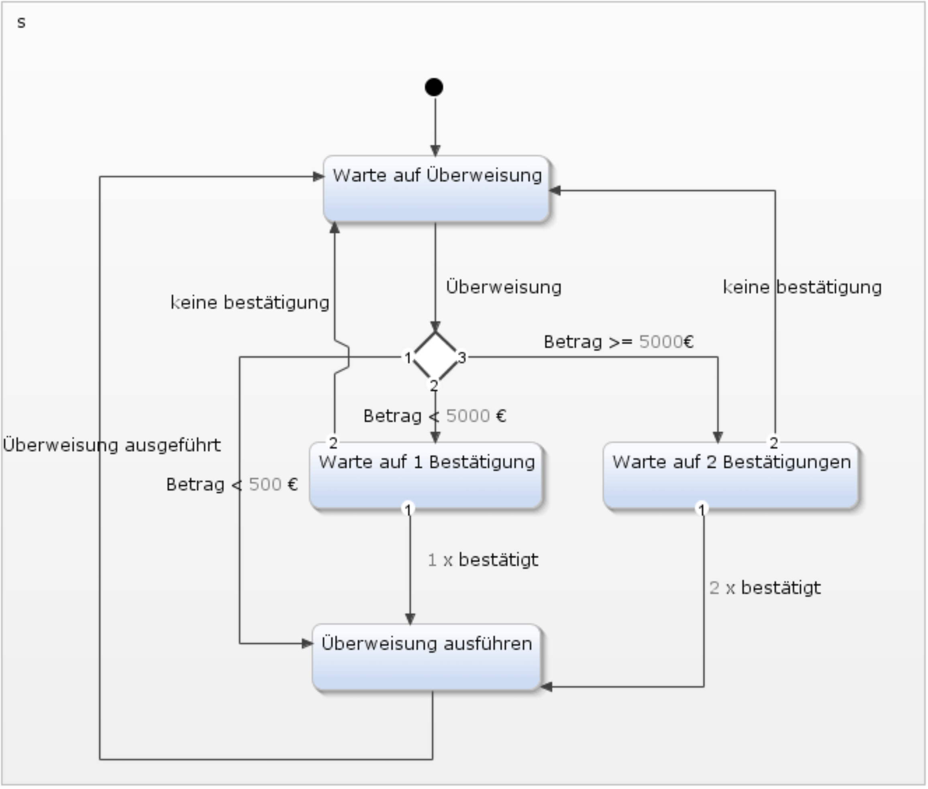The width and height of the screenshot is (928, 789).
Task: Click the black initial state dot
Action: (434, 87)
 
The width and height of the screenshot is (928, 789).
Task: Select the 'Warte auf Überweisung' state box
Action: (436, 189)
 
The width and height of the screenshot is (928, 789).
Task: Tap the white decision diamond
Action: (435, 356)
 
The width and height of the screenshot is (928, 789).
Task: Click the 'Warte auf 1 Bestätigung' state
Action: (426, 476)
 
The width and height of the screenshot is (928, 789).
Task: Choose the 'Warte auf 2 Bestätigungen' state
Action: (731, 476)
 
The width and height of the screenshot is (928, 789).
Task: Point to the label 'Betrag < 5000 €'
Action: (434, 416)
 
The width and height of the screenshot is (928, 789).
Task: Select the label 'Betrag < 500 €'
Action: (232, 484)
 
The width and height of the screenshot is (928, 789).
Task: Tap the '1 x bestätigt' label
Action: (483, 560)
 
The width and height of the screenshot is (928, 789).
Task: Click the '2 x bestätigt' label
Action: (765, 588)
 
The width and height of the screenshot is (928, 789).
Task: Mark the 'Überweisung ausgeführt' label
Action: (112, 445)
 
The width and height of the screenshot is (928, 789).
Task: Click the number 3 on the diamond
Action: (462, 357)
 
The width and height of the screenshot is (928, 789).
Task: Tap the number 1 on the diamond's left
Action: (408, 357)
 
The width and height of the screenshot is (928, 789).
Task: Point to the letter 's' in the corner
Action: (21, 22)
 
